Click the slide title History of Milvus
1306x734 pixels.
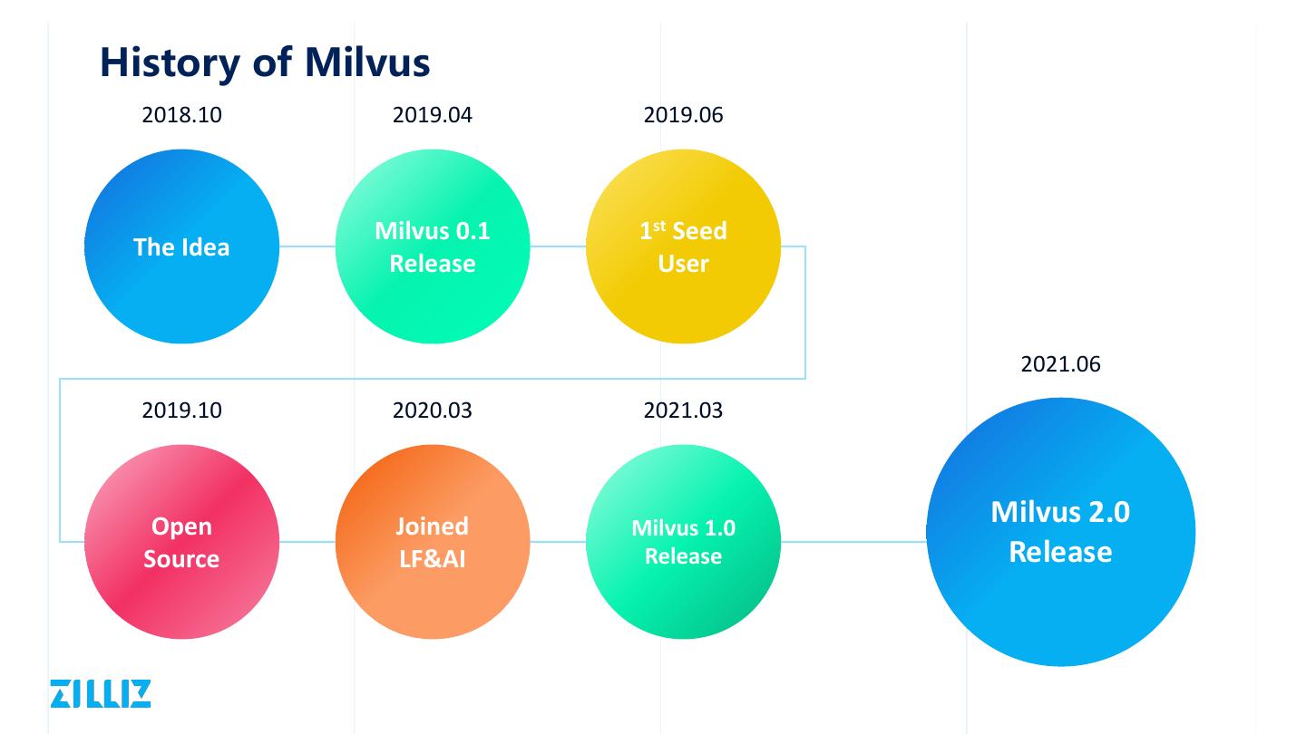264,62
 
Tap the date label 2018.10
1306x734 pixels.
181,115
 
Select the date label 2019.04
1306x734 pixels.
432,115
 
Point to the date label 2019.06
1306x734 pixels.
683,115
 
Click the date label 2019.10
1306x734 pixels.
181,410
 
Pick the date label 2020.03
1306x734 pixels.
432,410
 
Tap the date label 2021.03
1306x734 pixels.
683,410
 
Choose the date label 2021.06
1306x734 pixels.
1060,364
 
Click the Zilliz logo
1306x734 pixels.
100,693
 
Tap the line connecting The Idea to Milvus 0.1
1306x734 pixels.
307,246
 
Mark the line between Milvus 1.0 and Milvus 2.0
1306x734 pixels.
853,542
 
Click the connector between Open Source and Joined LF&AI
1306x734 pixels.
307,542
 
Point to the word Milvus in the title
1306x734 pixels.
366,62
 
